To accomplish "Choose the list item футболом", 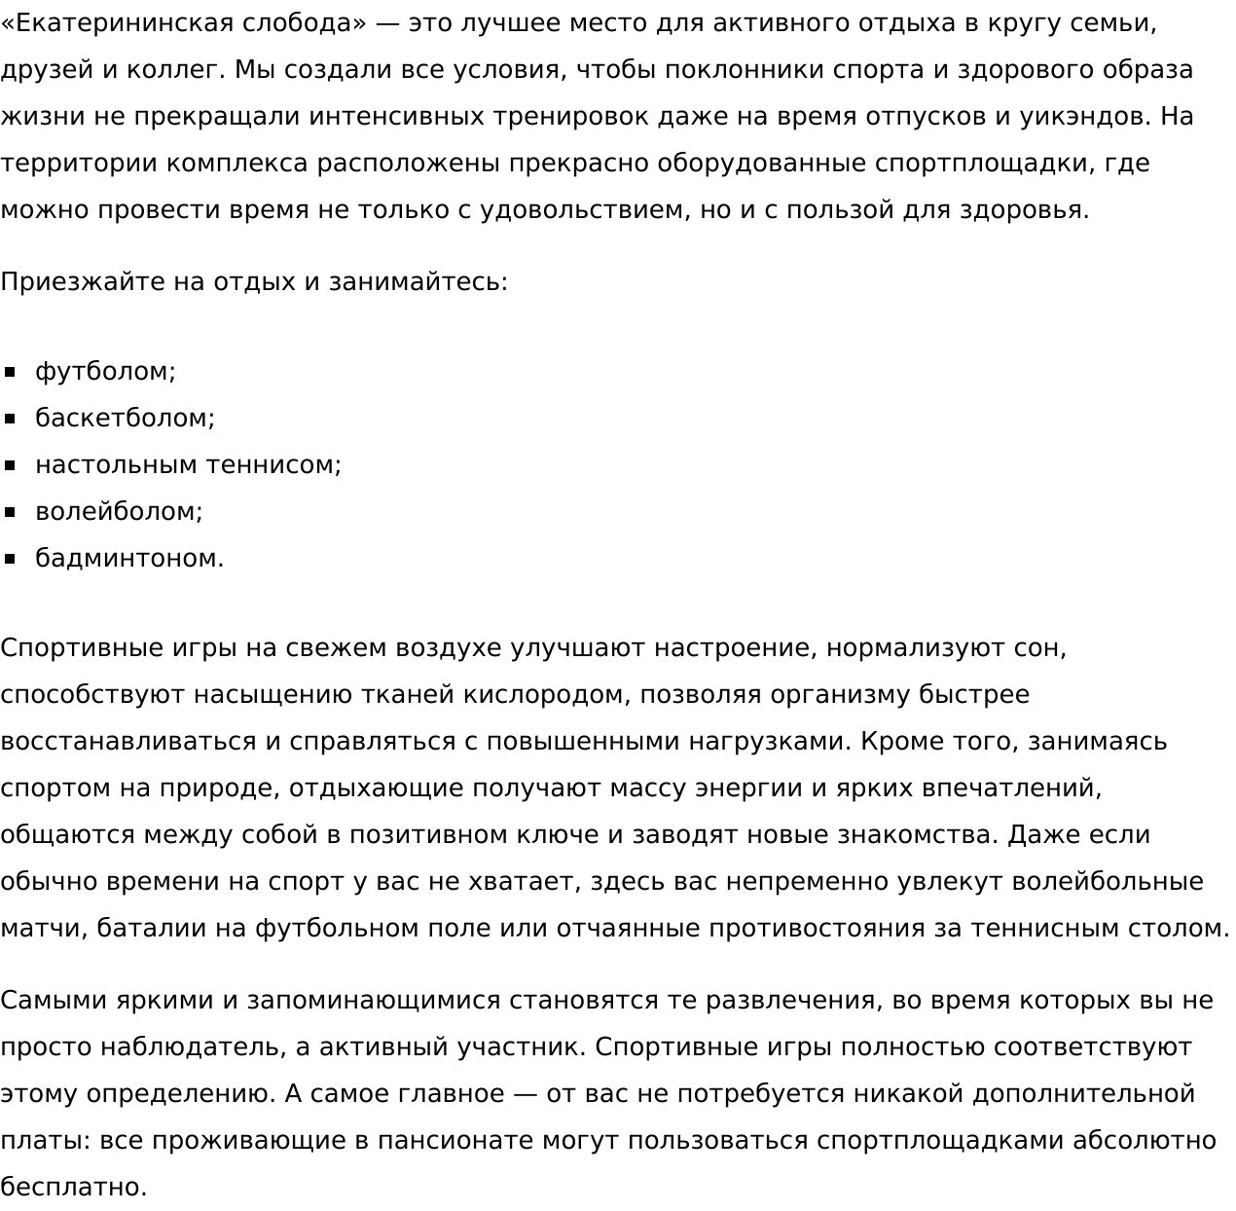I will (x=105, y=372).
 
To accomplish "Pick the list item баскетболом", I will (x=125, y=419).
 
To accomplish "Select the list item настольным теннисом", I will (x=188, y=465).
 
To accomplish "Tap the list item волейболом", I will (x=119, y=512).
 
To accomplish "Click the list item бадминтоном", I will (x=129, y=559).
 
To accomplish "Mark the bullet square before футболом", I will (x=11, y=372).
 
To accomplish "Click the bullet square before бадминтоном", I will (x=11, y=559).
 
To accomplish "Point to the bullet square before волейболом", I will (x=11, y=512).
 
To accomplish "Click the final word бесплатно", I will (x=73, y=1188).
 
